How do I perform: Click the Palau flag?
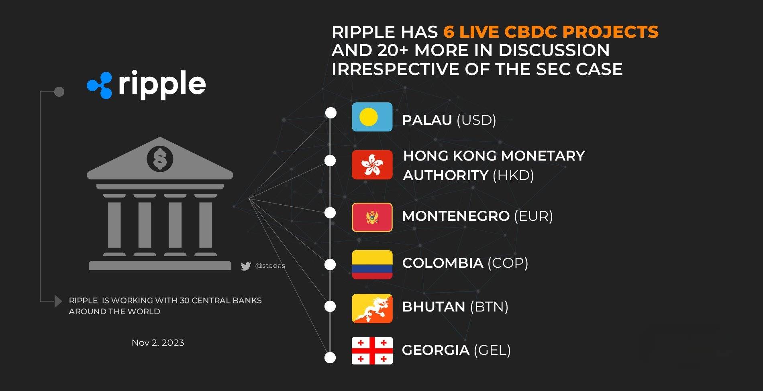[x=372, y=117]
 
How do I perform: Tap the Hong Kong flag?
[x=372, y=165]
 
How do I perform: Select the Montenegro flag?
[x=372, y=217]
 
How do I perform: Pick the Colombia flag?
[x=372, y=265]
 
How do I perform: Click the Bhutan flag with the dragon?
[x=372, y=308]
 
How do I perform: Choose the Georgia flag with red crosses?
[x=372, y=351]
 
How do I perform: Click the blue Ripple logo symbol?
[x=100, y=85]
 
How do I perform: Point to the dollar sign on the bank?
[x=160, y=159]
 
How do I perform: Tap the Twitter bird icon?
[x=246, y=266]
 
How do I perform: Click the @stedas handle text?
[x=270, y=266]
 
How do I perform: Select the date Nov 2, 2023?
[x=158, y=342]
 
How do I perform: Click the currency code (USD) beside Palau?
[x=476, y=120]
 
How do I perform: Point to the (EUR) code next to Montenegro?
[x=533, y=216]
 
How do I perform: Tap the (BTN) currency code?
[x=489, y=307]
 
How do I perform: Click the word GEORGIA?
[x=436, y=350]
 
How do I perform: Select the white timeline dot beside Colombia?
[x=330, y=264]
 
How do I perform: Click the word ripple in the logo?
[x=162, y=84]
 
